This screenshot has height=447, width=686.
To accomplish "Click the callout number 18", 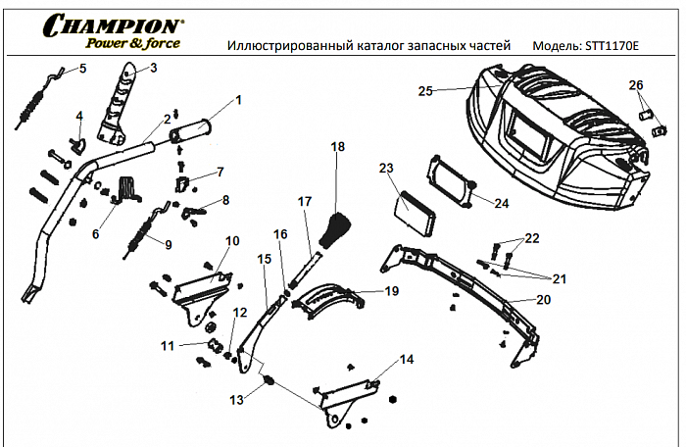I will [338, 146].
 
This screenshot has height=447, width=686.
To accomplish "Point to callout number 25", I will [424, 90].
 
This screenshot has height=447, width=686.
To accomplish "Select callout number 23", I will [385, 168].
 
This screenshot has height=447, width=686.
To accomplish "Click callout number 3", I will [152, 69].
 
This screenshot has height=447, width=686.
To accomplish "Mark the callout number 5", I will [82, 69].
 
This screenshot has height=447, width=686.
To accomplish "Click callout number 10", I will [232, 241].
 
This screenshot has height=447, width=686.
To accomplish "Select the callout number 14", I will [406, 360].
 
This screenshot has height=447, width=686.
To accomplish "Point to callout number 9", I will [167, 245].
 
